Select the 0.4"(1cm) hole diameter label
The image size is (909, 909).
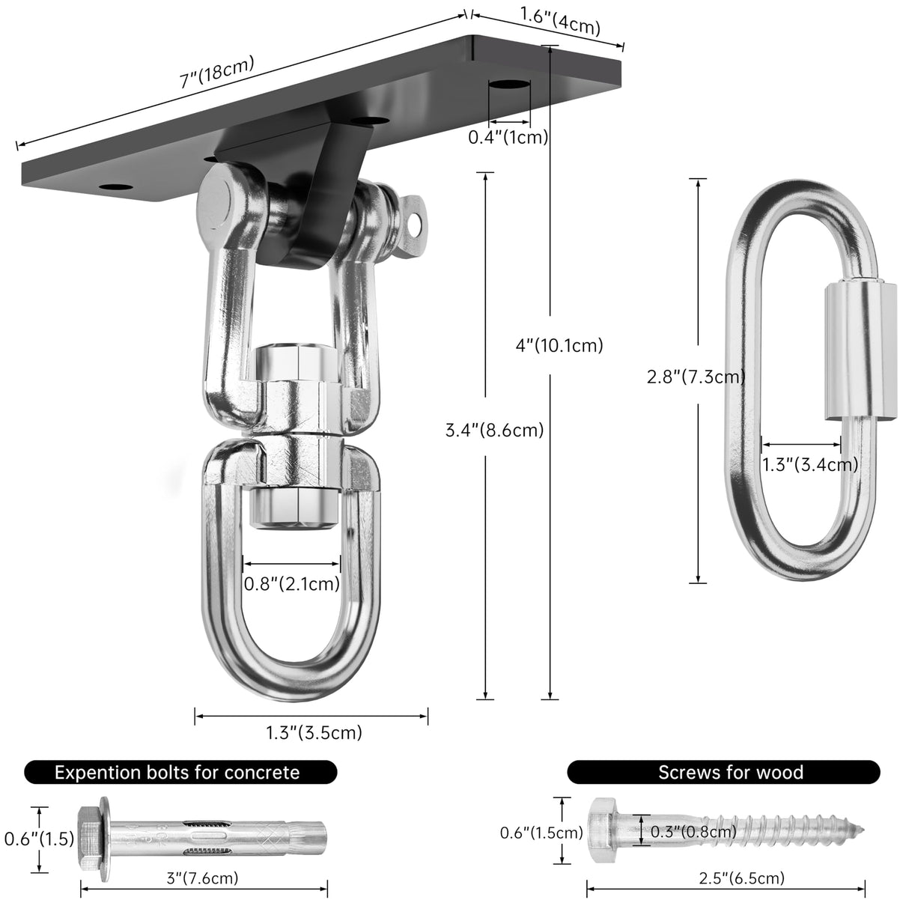point(508,137)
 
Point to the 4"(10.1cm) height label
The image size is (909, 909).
point(559,345)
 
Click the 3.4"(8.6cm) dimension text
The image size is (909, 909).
point(494,431)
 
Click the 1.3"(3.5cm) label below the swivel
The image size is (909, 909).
point(314,732)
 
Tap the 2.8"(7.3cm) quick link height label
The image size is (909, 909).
point(696,377)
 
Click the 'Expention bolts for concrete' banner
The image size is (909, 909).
point(180,772)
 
